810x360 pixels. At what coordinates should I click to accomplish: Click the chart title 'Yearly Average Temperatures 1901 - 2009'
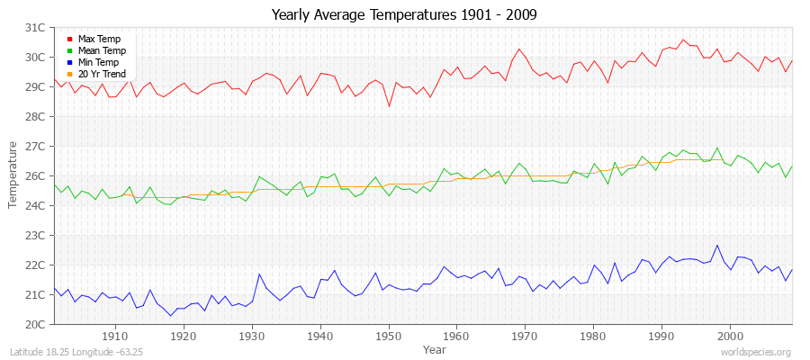click(x=405, y=15)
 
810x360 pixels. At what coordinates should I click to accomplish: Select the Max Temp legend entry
click(x=98, y=40)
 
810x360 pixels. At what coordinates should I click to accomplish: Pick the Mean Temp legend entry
click(x=101, y=51)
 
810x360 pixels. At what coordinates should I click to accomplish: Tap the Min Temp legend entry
click(x=99, y=63)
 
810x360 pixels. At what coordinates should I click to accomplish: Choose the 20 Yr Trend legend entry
click(x=102, y=74)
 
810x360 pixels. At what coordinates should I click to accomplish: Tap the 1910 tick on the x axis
click(x=115, y=337)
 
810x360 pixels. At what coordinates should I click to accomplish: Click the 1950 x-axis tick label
click(x=389, y=337)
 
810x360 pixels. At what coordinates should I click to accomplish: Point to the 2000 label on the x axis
click(x=730, y=337)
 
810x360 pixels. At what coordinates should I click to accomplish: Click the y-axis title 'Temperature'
click(x=13, y=175)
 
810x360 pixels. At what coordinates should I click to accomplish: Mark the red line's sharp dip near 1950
click(x=389, y=106)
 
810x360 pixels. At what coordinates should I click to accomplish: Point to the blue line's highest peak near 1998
click(x=717, y=245)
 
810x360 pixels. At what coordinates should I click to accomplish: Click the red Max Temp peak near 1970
click(x=519, y=49)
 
